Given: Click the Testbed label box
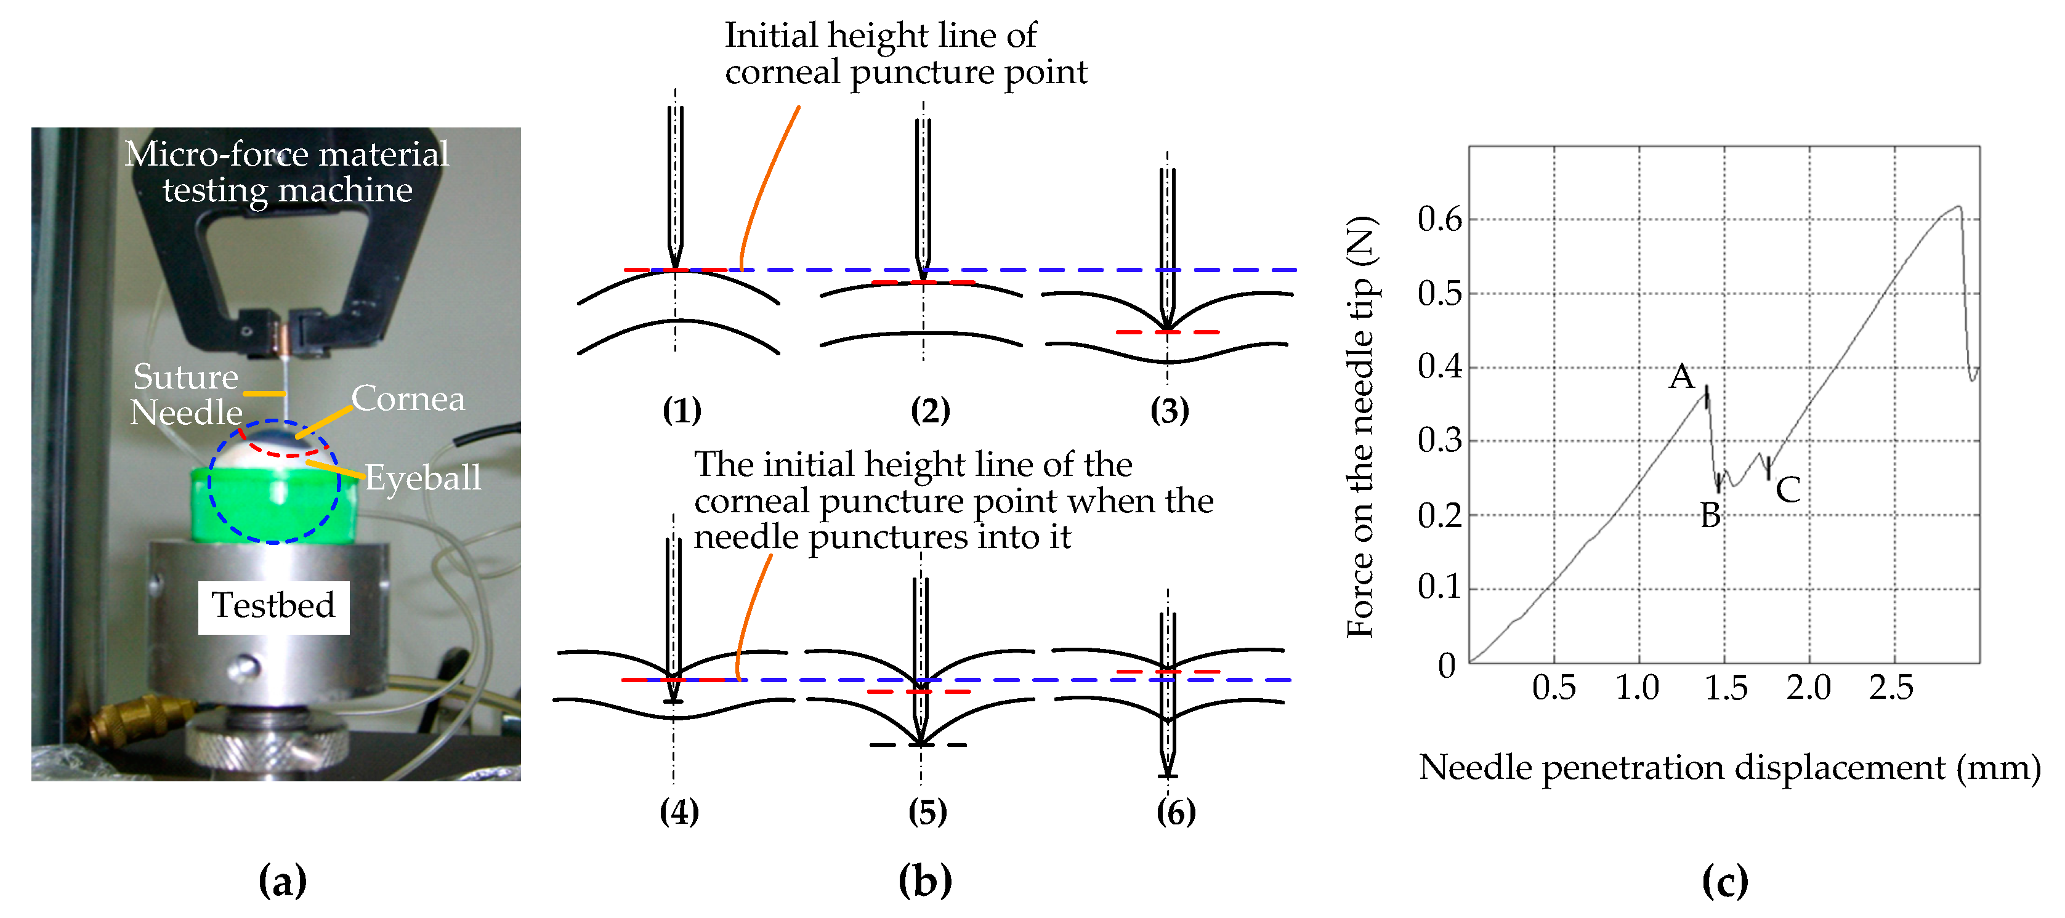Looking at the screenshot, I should [273, 606].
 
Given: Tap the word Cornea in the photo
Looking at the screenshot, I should [408, 398].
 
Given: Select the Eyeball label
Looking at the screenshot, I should [423, 478].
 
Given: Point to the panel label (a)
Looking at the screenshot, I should [282, 881].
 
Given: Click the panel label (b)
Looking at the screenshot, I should [925, 881].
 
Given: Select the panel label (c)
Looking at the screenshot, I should [1725, 881].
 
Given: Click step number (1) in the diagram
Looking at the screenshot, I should [681, 411].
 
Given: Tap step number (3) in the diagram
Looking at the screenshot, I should [1170, 411].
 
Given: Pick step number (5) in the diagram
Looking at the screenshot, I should [927, 812].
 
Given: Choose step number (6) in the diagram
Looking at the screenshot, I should [1176, 812].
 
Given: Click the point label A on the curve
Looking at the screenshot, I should [1682, 377].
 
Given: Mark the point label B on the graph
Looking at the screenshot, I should [1710, 515].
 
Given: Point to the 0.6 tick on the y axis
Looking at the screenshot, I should [1440, 219].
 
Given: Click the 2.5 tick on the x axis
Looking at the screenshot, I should [1891, 688].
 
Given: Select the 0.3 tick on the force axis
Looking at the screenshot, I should [1440, 440].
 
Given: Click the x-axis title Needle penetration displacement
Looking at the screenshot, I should [1729, 768].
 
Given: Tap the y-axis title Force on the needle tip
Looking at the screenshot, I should [1360, 427].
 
